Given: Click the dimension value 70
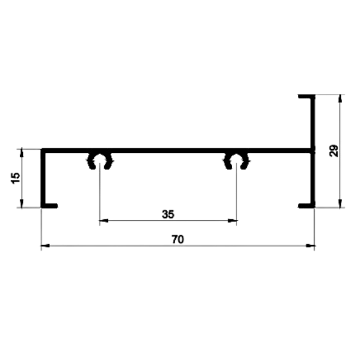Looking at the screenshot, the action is pyautogui.click(x=178, y=239).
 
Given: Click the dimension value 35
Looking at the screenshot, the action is pyautogui.click(x=168, y=214).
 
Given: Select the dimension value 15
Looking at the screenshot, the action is pyautogui.click(x=15, y=178).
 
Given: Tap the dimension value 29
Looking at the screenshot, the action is pyautogui.click(x=334, y=151).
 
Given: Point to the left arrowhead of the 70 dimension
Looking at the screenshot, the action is pyautogui.click(x=45, y=246).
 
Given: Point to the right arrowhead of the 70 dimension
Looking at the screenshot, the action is pyautogui.click(x=310, y=246).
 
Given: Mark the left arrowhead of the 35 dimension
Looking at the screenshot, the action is pyautogui.click(x=104, y=221).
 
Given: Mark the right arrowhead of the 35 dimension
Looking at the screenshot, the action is pyautogui.click(x=232, y=221).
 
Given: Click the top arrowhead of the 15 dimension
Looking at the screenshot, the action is pyautogui.click(x=22, y=153).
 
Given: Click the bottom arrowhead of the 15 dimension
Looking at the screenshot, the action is pyautogui.click(x=22, y=203).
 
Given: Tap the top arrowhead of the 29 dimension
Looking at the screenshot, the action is pyautogui.click(x=340, y=98).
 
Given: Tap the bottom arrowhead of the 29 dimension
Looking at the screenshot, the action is pyautogui.click(x=340, y=203).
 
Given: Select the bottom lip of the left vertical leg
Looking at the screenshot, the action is pyautogui.click(x=49, y=206).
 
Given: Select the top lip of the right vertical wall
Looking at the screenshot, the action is pyautogui.click(x=306, y=96).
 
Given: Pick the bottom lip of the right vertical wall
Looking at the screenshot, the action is pyautogui.click(x=306, y=206).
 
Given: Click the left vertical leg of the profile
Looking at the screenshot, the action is pyautogui.click(x=43, y=178).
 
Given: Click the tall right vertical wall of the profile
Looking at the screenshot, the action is pyautogui.click(x=313, y=151).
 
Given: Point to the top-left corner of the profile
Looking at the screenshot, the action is pyautogui.click(x=41, y=149).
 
